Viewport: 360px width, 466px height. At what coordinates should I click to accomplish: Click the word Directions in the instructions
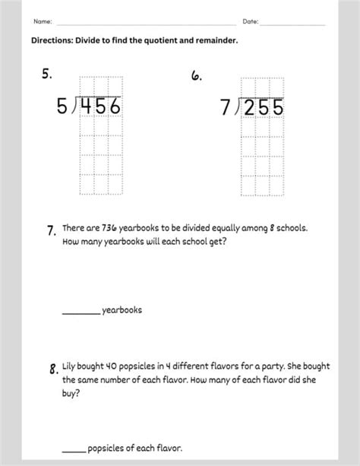click(54, 41)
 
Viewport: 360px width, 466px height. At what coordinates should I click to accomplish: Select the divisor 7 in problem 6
click(226, 108)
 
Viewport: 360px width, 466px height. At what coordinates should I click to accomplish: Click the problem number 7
click(51, 231)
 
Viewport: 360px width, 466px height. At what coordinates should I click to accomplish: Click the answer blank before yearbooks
click(81, 310)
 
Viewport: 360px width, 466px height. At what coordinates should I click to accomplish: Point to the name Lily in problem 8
click(70, 366)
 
